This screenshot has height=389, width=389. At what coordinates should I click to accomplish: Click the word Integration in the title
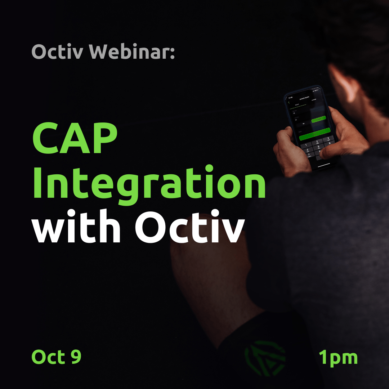click(x=149, y=184)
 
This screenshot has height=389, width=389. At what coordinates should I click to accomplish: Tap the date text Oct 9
click(x=57, y=357)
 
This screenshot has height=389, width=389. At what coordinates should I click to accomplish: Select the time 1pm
click(x=338, y=357)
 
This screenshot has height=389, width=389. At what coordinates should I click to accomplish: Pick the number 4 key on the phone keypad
click(x=308, y=150)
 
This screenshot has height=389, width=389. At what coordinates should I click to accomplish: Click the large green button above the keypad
click(x=314, y=133)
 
